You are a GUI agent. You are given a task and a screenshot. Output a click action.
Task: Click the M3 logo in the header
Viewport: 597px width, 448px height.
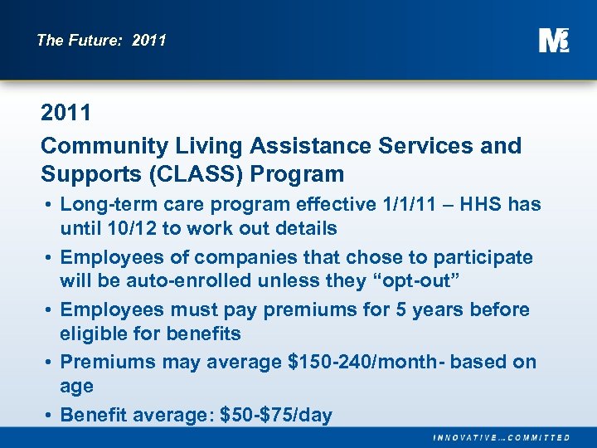[554, 40]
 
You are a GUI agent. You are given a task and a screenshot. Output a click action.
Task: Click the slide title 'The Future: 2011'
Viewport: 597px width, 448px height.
[101, 40]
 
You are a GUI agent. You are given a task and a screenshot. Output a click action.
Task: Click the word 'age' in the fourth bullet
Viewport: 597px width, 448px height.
[76, 386]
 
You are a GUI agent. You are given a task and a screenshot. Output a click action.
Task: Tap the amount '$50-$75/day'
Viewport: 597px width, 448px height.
[274, 415]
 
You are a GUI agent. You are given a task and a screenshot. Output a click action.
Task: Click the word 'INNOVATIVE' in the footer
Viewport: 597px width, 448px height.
[465, 437]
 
